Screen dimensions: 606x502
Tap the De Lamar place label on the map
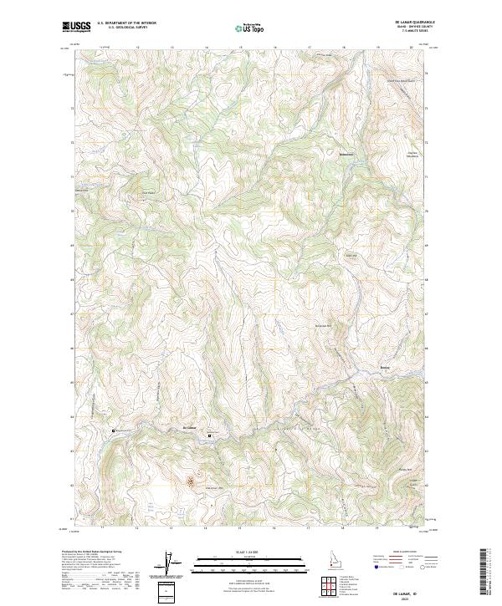[x=189, y=428]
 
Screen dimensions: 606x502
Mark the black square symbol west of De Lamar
[x=115, y=430]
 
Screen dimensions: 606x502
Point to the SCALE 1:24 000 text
[x=242, y=551]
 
